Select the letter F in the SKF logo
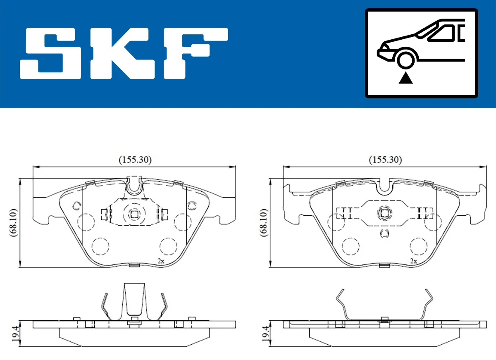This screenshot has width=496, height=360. (194, 53)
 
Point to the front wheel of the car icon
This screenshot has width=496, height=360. (405, 59)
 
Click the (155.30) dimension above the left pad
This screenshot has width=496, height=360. (135, 159)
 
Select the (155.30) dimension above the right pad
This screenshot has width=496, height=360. (385, 159)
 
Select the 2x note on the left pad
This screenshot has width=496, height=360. (161, 261)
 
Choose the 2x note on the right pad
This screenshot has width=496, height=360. (413, 261)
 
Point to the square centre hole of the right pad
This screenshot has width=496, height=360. (384, 213)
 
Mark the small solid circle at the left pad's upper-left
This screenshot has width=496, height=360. (76, 205)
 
